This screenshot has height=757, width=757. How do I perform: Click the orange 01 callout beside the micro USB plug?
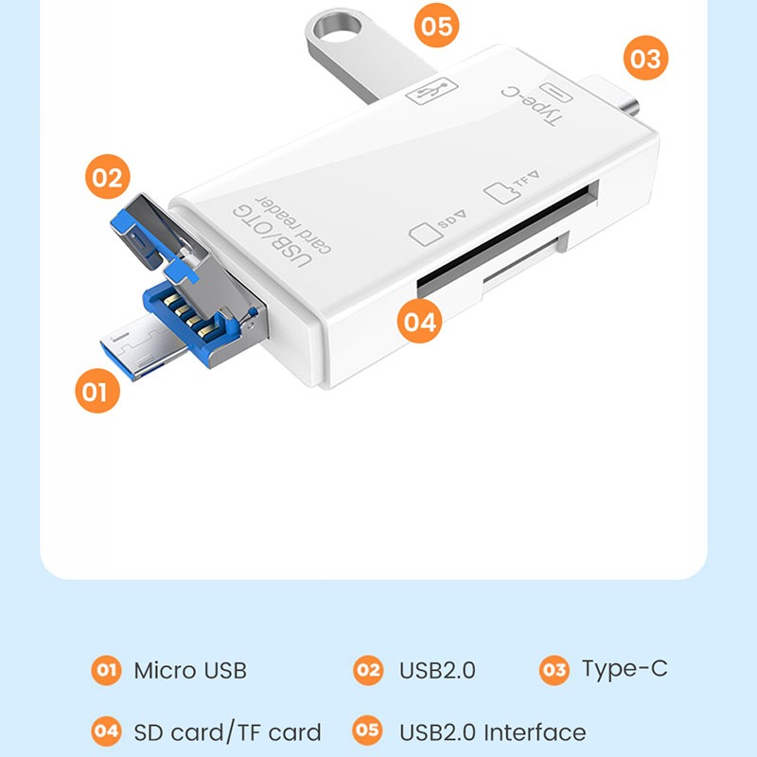(x=97, y=391)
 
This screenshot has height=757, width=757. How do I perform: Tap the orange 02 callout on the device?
(x=108, y=177)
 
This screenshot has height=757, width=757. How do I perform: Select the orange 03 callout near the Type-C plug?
(x=646, y=58)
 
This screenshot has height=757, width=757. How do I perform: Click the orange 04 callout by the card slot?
(x=419, y=321)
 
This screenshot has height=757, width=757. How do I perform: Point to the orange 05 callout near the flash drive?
(x=437, y=26)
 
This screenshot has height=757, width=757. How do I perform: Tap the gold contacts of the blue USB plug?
(x=190, y=315)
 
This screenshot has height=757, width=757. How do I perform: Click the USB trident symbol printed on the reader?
(x=431, y=90)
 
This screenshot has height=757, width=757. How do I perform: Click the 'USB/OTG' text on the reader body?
(x=273, y=236)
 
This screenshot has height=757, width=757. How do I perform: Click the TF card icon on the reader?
(x=502, y=192)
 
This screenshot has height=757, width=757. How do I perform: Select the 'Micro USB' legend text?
(x=190, y=671)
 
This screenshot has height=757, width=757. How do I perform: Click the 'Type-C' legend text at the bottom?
(x=625, y=670)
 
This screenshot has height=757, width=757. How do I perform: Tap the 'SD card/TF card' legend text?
(x=227, y=731)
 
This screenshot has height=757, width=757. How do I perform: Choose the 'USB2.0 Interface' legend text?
(x=492, y=732)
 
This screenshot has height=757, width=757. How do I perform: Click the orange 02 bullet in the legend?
(x=368, y=670)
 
